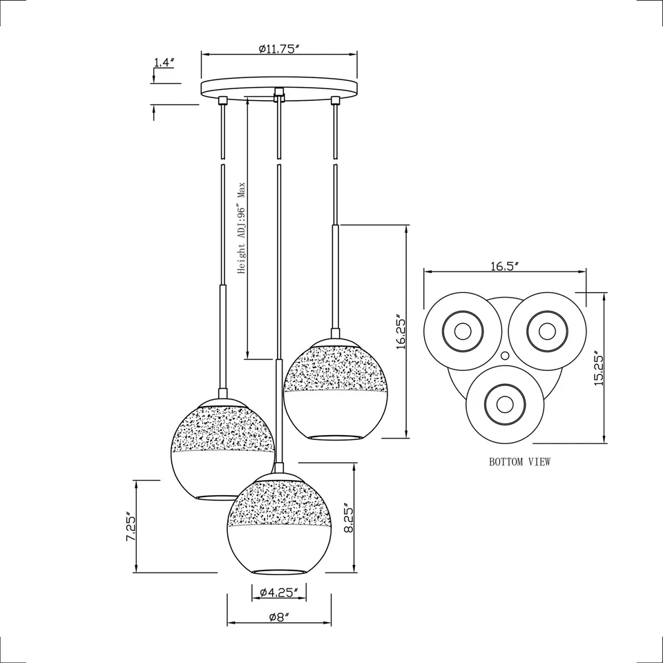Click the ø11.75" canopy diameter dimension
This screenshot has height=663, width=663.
pyautogui.click(x=279, y=49)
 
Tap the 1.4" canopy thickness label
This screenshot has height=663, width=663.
pyautogui.click(x=164, y=63)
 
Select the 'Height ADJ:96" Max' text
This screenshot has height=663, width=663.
pyautogui.click(x=242, y=229)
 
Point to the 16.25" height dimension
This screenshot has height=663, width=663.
pyautogui.click(x=401, y=333)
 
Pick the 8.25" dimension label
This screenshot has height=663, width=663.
pyautogui.click(x=349, y=518)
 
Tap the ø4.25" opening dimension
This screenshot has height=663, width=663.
pyautogui.click(x=279, y=592)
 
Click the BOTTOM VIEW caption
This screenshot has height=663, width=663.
pyautogui.click(x=520, y=462)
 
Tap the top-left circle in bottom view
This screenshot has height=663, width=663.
pyautogui.click(x=462, y=330)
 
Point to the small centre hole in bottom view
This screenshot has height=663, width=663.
pyautogui.click(x=505, y=355)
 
